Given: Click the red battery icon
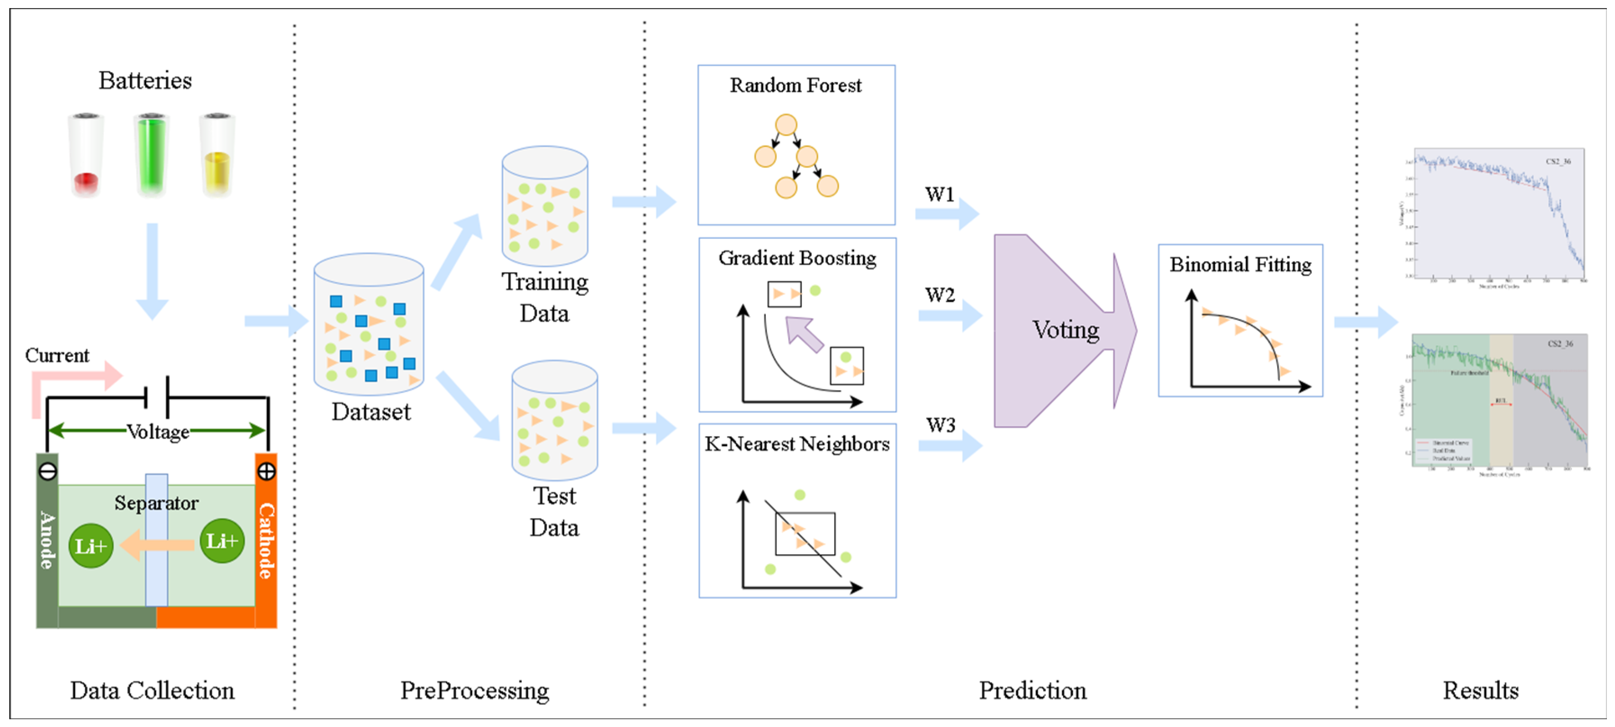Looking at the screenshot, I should [86, 156].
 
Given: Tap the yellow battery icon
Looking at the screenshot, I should [217, 156].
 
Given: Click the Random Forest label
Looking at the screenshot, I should [795, 85].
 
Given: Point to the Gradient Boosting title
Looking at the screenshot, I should [797, 258].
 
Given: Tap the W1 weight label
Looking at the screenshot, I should [939, 195].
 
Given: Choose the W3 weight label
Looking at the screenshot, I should [941, 425].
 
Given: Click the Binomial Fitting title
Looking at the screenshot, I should [1240, 265].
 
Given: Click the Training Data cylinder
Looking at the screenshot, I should [544, 207].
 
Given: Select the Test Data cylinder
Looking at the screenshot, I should [554, 420].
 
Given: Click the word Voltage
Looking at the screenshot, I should [158, 432].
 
